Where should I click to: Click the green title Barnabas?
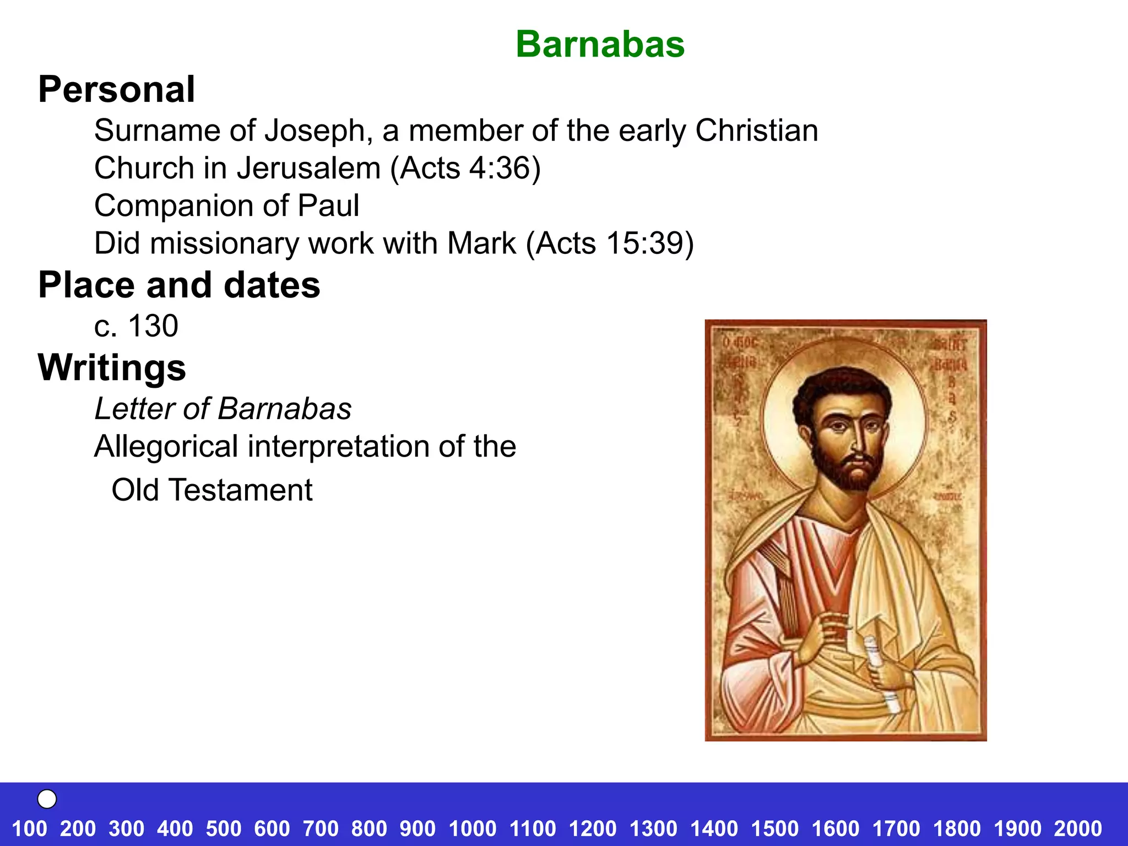[600, 44]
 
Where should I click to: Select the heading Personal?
[116, 89]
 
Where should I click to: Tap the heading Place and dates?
[179, 285]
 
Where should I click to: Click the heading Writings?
[112, 367]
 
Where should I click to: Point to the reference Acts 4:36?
[465, 168]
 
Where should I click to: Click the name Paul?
[328, 205]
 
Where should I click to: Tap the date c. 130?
[136, 326]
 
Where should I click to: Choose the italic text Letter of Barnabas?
[223, 409]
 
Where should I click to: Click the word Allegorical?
[166, 446]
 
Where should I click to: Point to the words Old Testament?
[211, 490]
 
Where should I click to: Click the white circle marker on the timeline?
[47, 799]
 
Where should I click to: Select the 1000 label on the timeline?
[473, 828]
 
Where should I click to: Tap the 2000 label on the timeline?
[1078, 828]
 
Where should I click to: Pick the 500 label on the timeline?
[224, 828]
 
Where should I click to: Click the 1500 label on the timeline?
[775, 828]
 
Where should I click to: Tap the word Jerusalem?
[309, 168]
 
